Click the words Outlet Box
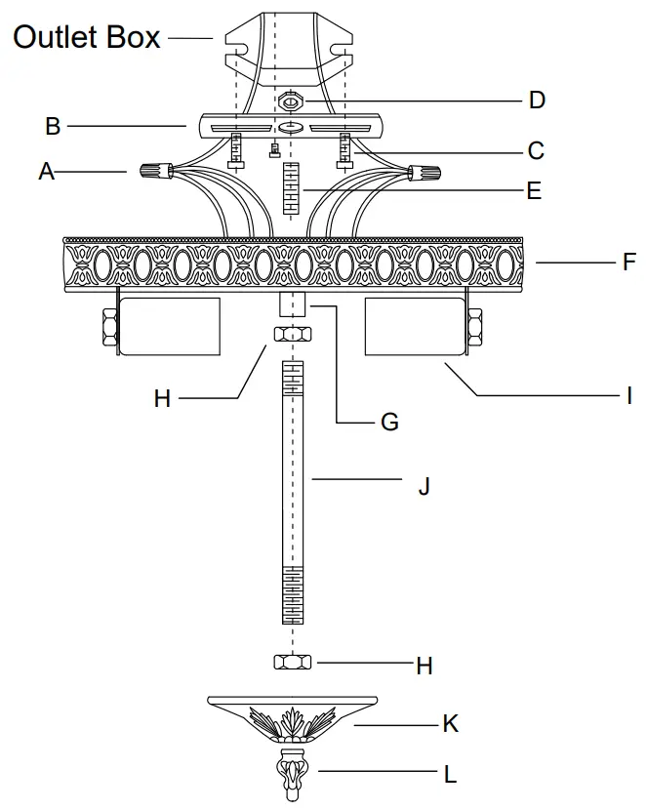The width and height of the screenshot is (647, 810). coord(86,36)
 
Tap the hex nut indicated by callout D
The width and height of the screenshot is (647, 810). coord(289,101)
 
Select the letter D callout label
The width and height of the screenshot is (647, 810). coord(537,101)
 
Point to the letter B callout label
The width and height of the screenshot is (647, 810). coord(53,126)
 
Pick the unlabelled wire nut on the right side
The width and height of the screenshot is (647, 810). coord(424,174)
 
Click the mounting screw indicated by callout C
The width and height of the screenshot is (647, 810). coord(344,150)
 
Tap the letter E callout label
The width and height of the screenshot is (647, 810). coord(533,191)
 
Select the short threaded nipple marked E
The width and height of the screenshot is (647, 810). coord(289,189)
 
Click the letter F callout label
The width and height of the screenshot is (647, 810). coord(629,262)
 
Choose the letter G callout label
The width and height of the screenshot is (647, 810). coord(389,423)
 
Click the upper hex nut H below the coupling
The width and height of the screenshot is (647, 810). coord(293,335)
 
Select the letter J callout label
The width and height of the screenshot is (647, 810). coord(424,485)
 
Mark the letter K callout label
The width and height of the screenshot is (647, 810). coord(450,724)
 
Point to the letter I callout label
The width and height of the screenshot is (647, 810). coord(629,396)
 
